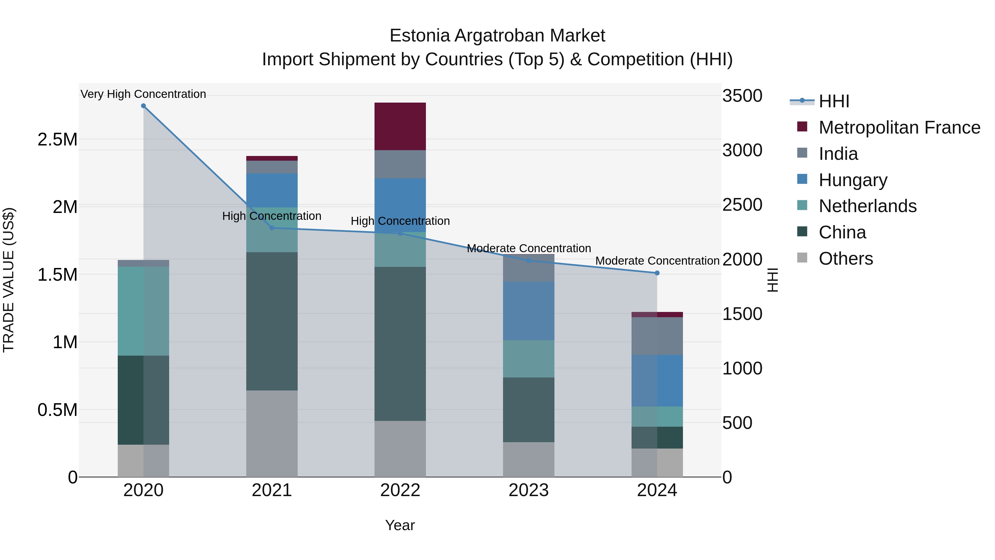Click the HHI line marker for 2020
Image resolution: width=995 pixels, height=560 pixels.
143,106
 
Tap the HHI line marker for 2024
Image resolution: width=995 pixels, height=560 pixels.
657,273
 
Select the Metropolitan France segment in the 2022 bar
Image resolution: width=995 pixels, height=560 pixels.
400,126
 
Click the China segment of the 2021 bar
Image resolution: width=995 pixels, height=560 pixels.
272,321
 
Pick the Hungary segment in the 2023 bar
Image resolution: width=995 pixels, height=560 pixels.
528,311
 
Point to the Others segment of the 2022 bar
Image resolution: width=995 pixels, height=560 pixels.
400,449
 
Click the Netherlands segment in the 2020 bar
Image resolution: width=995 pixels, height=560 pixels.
143,311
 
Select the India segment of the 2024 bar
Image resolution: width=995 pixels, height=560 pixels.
657,336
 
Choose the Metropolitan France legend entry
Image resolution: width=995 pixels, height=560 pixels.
899,127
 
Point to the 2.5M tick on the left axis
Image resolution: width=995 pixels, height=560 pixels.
57,140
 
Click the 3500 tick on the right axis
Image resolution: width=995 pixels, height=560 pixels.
742,96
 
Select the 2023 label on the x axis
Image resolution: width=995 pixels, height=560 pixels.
528,490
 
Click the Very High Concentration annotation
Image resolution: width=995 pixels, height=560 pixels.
143,94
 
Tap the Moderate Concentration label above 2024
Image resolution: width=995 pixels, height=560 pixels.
657,261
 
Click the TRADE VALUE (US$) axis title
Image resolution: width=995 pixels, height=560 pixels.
9,280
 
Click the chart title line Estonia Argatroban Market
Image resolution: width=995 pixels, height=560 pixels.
497,36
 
